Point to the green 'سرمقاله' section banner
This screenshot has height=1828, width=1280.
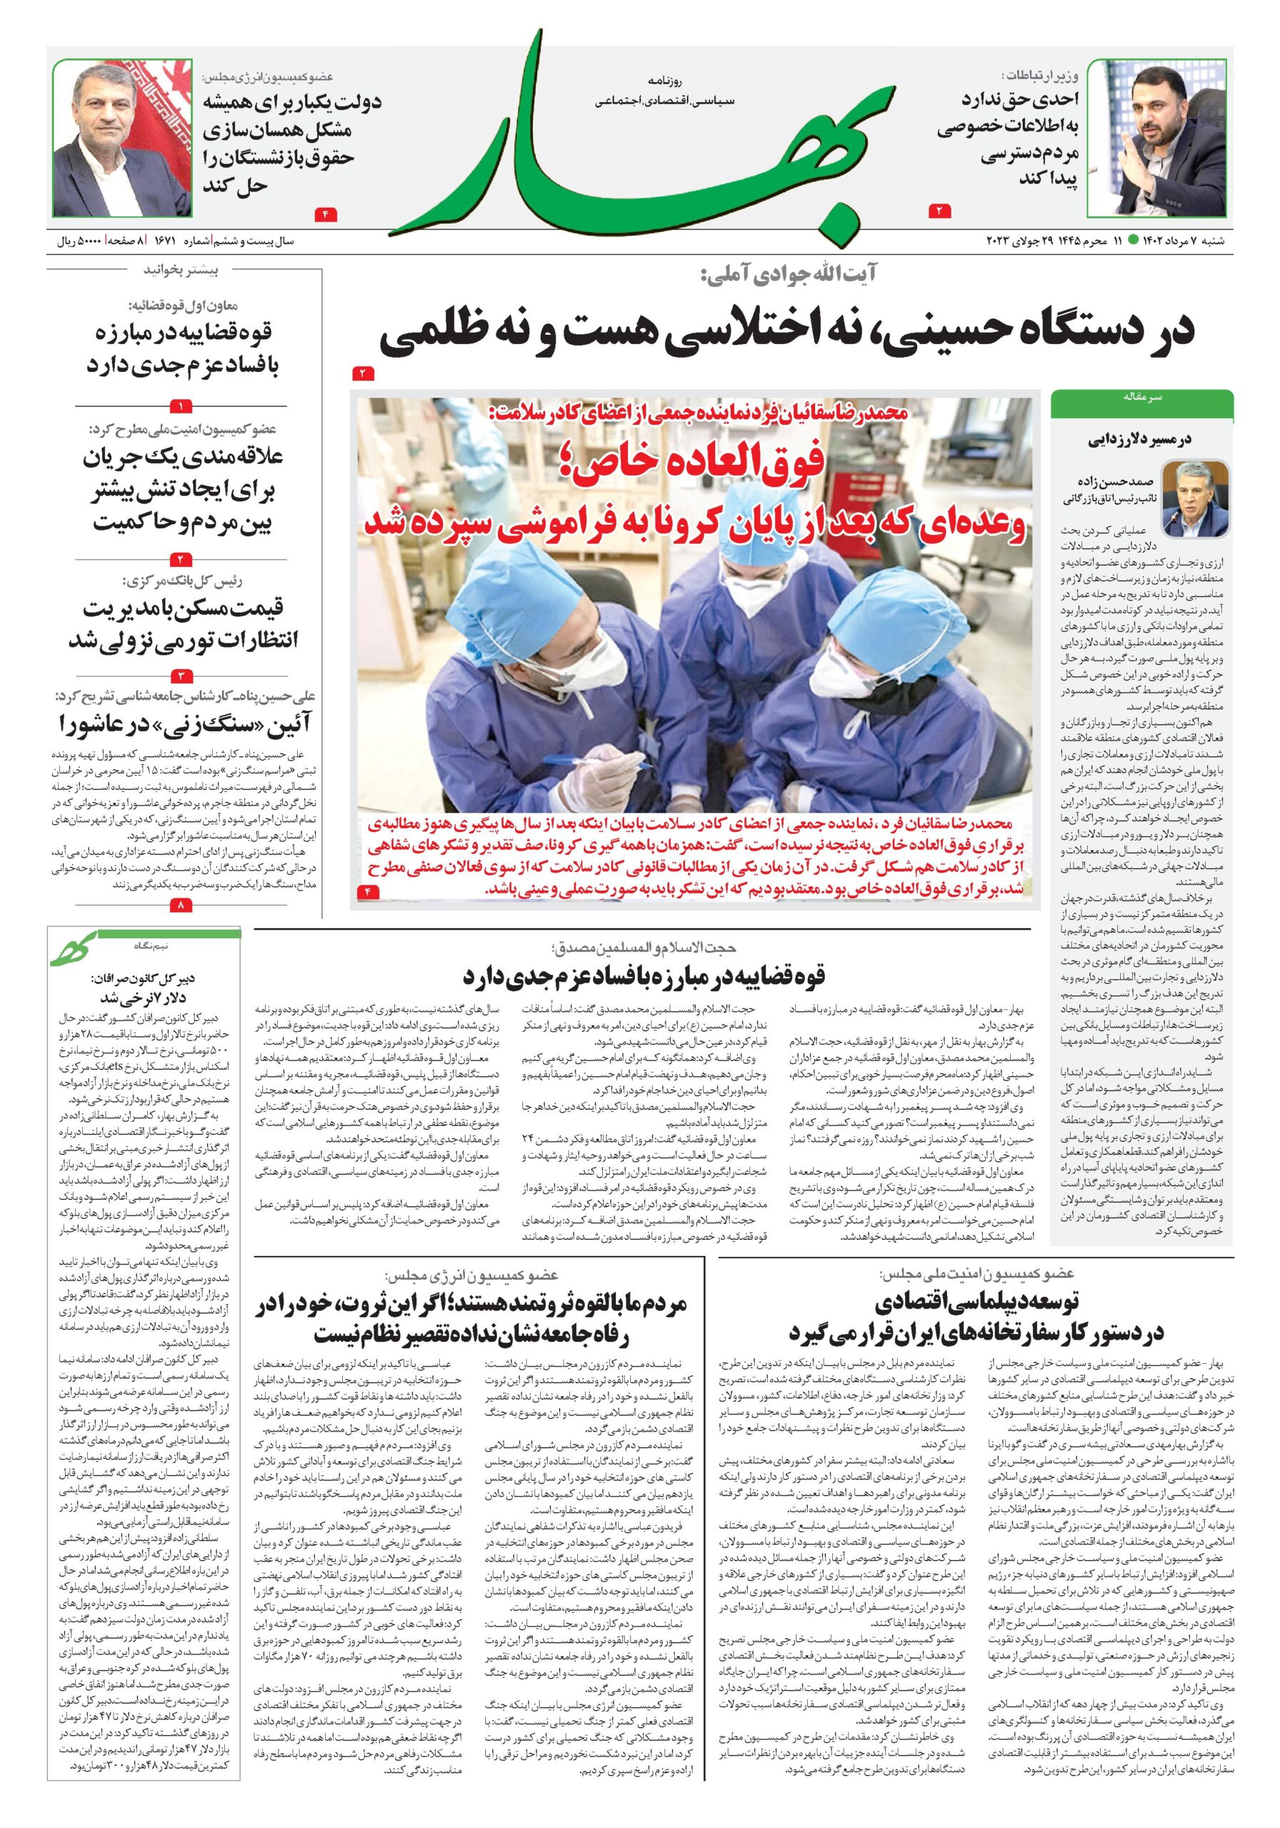(x=1141, y=396)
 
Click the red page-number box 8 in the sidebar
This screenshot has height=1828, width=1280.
(x=181, y=905)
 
